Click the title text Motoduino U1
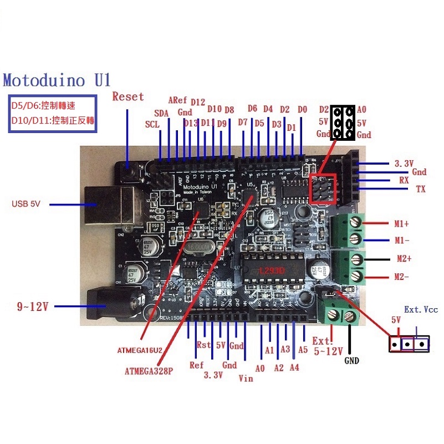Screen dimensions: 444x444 pos(57,80)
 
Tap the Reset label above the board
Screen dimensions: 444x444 pos(128,96)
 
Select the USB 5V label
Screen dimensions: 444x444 pos(27,205)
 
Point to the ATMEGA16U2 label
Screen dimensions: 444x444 pos(140,350)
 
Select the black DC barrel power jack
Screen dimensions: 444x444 pos(114,307)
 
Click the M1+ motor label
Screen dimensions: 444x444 pos(402,224)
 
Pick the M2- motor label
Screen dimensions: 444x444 pos(402,277)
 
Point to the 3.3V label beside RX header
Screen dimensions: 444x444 pos(404,164)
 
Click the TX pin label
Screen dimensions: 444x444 pos(421,190)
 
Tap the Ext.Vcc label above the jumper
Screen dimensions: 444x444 pos(420,309)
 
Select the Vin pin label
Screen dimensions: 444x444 pos(246,379)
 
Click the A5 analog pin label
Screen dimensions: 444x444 pos(303,350)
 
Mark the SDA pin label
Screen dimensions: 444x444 pos(161,113)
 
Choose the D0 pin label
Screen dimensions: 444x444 pos(302,110)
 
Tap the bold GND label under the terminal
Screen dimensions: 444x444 pos(351,361)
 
